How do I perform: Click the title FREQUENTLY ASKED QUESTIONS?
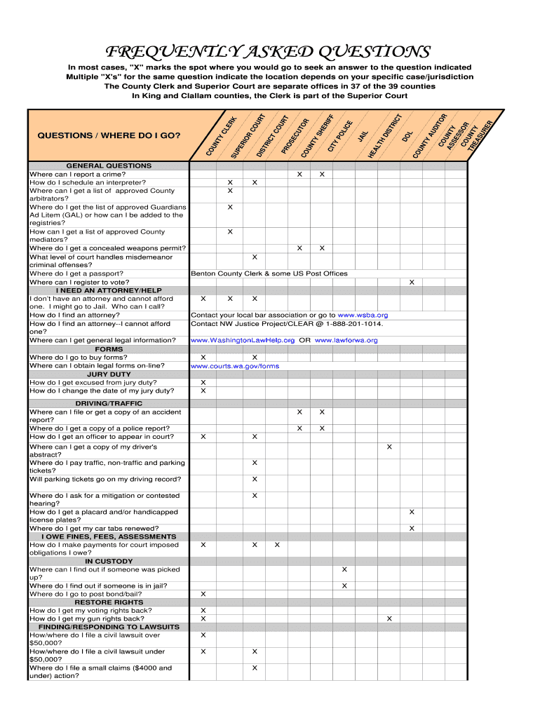pyautogui.click(x=267, y=53)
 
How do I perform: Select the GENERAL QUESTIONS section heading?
pyautogui.click(x=109, y=166)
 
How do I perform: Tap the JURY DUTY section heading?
pyautogui.click(x=109, y=374)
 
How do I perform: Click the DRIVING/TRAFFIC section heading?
pyautogui.click(x=109, y=404)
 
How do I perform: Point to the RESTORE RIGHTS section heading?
pyautogui.click(x=109, y=602)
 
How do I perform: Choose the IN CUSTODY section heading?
pyautogui.click(x=109, y=562)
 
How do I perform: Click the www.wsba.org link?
pyautogui.click(x=363, y=316)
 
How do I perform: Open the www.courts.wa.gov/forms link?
pyautogui.click(x=235, y=366)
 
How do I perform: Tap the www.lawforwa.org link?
pyautogui.click(x=346, y=341)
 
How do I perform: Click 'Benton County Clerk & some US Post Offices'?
pyautogui.click(x=269, y=274)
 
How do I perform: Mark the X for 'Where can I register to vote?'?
pyautogui.click(x=412, y=283)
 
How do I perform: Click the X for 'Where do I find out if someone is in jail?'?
pyautogui.click(x=344, y=586)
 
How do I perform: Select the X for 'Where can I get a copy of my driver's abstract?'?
pyautogui.click(x=389, y=447)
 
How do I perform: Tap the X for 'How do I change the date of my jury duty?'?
pyautogui.click(x=203, y=391)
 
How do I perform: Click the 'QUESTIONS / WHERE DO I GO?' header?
pyautogui.click(x=109, y=135)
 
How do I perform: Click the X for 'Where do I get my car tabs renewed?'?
pyautogui.click(x=412, y=529)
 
